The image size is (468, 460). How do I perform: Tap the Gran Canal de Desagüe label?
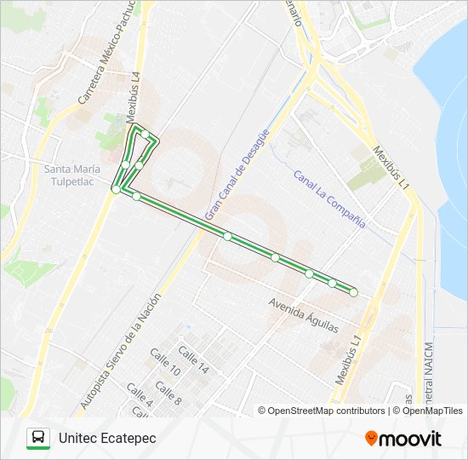point(237,173)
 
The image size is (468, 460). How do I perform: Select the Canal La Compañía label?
point(328,199)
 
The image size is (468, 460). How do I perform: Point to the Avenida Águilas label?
point(303,315)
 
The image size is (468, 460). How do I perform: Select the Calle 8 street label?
point(168,394)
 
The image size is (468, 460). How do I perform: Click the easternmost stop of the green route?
point(353,293)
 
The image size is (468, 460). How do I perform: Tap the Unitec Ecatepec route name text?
point(107,438)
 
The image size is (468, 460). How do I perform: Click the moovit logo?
point(403,439)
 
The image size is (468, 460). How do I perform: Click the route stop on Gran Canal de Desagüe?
point(227,236)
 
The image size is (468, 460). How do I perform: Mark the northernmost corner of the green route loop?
point(134,127)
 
